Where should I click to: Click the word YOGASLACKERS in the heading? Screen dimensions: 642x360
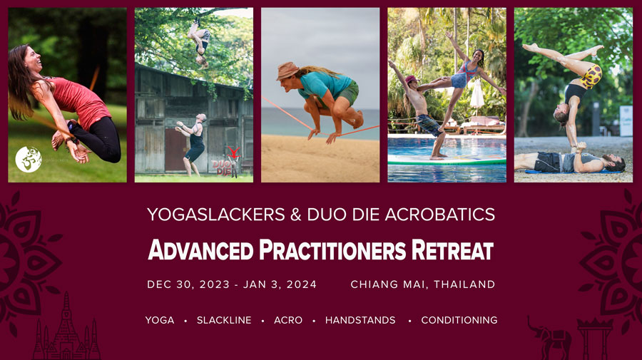(x=215, y=215)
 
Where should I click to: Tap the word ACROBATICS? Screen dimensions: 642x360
(x=440, y=215)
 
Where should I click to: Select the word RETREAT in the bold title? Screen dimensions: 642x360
(x=452, y=250)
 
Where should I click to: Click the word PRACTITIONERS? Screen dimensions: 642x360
(x=332, y=250)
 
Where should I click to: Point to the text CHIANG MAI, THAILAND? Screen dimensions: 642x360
(x=423, y=284)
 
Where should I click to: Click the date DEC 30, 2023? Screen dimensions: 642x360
(x=188, y=284)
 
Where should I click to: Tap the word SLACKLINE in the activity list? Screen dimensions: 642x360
(x=224, y=320)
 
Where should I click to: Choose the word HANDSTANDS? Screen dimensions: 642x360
(x=360, y=320)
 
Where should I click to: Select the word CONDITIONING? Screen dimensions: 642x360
(x=459, y=320)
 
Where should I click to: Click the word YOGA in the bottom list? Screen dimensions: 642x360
(x=160, y=320)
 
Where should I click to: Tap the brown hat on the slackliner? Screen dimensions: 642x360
(x=287, y=71)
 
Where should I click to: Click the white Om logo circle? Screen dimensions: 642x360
(x=29, y=159)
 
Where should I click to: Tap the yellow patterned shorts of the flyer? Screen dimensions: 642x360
(x=591, y=76)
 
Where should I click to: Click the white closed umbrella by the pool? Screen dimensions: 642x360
(x=477, y=95)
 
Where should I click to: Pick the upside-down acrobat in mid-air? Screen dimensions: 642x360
(x=199, y=42)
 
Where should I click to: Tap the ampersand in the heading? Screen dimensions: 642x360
(x=296, y=215)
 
